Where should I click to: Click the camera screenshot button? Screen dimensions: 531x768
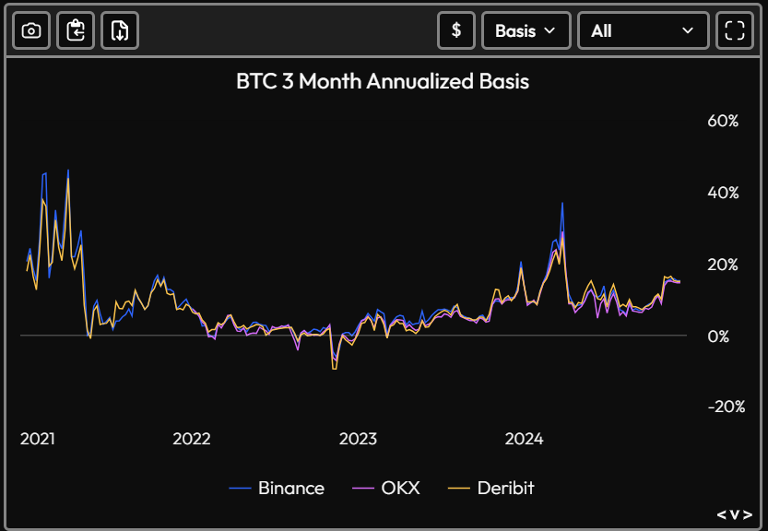[x=30, y=30]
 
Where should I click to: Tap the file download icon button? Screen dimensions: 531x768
[x=119, y=30]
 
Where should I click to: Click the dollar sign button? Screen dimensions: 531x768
[x=455, y=30]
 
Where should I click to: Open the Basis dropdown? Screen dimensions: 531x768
[x=526, y=30]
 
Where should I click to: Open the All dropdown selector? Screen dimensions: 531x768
[x=643, y=30]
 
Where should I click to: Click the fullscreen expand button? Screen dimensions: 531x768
[x=734, y=30]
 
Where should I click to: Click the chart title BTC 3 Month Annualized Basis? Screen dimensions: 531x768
[x=383, y=81]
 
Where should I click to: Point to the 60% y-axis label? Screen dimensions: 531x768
[x=723, y=121]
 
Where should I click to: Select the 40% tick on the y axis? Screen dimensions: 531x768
[x=723, y=193]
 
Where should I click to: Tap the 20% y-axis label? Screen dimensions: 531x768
[x=723, y=265]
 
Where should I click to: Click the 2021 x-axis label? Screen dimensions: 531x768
[x=38, y=439]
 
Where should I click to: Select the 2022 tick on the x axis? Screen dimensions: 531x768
[x=191, y=439]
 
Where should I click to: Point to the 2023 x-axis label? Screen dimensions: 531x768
[x=358, y=439]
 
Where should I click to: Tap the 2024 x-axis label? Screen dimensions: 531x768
[x=524, y=439]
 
